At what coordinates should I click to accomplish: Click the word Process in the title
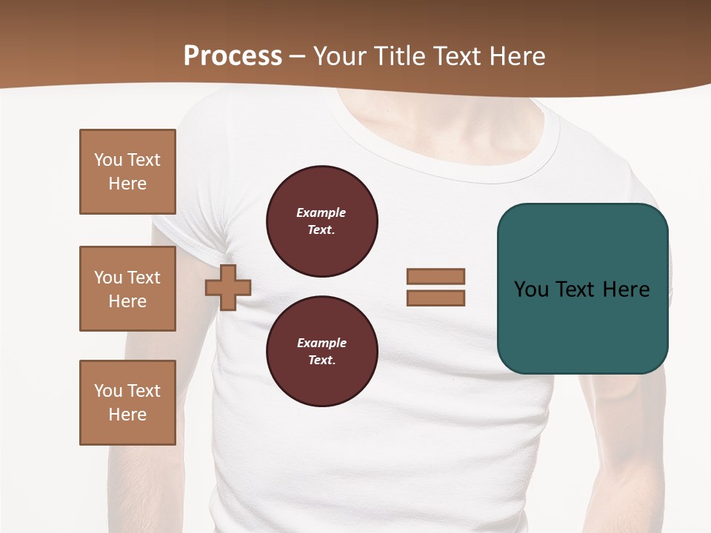point(233,56)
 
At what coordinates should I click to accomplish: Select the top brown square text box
point(127,172)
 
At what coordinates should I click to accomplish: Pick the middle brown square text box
point(127,289)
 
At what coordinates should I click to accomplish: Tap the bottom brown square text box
point(127,403)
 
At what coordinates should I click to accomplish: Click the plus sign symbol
point(228,287)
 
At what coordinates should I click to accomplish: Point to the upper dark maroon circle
point(321,221)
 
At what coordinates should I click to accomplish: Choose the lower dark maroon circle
point(321,351)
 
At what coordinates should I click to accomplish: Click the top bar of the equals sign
point(435,277)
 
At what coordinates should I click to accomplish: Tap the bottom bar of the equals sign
point(435,298)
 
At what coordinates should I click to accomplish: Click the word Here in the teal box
point(626,289)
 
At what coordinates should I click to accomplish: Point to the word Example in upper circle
point(321,212)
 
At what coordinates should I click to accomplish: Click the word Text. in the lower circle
point(321,360)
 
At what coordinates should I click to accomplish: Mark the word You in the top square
point(108,160)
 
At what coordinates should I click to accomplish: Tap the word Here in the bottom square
point(127,415)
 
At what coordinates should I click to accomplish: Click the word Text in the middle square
point(143,278)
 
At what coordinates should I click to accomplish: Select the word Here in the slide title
point(518,56)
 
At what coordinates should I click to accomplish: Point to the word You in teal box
point(531,289)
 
